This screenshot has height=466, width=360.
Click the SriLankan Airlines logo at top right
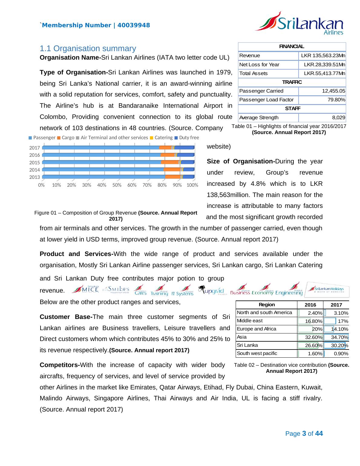click(299, 23)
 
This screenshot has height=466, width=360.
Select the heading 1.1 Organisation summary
click(88, 48)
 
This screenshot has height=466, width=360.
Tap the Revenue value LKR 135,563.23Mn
click(323, 56)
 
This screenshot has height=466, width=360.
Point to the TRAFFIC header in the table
click(292, 82)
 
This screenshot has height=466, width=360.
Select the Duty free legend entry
click(187, 138)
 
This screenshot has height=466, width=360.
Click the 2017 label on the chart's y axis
click(34, 148)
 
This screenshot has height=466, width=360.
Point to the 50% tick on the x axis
click(117, 185)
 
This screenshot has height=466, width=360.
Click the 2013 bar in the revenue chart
click(118, 177)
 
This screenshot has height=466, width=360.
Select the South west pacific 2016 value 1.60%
click(315, 353)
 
